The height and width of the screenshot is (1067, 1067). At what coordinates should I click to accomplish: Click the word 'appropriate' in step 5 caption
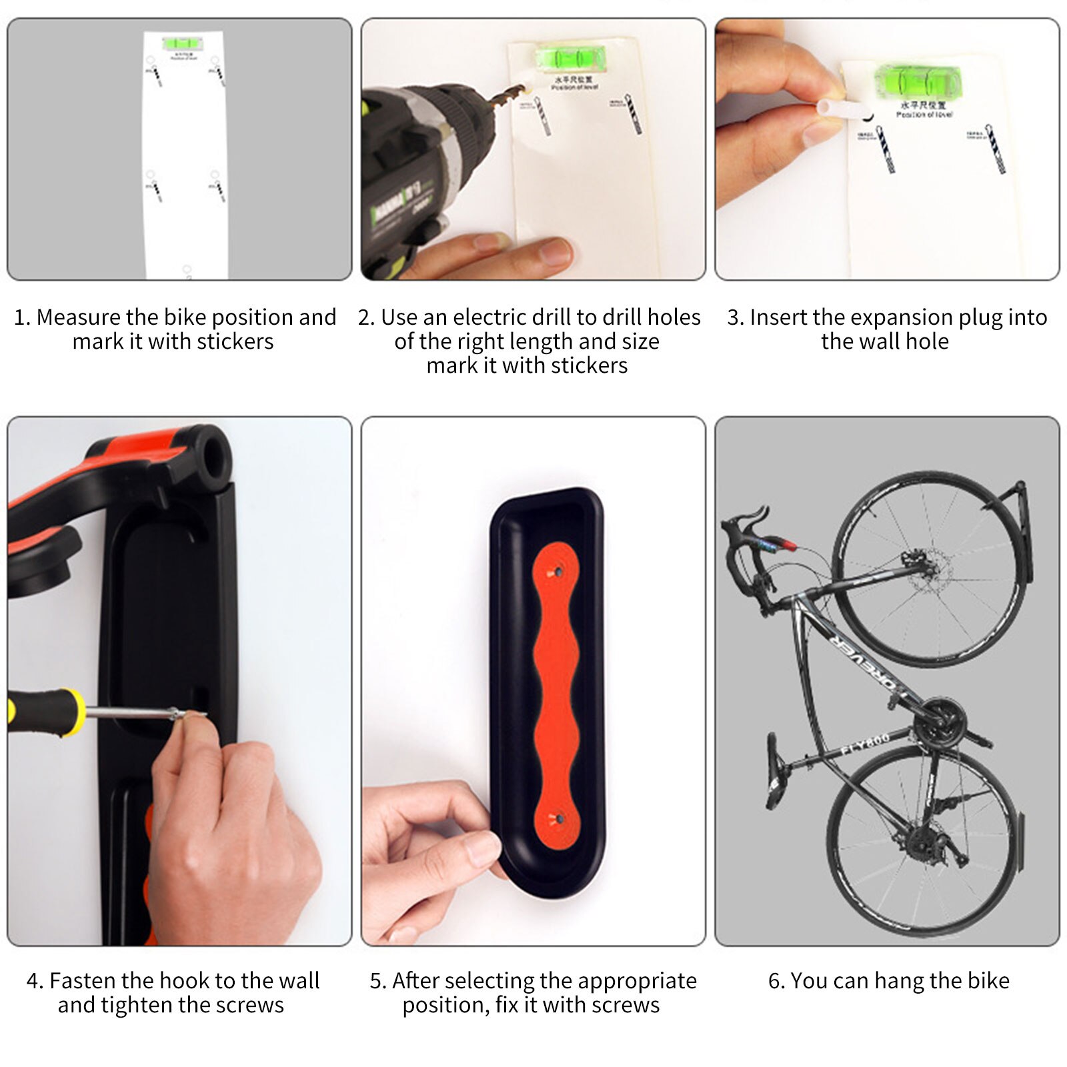tap(632, 981)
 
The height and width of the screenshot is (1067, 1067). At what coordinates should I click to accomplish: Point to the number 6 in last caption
tap(775, 981)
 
